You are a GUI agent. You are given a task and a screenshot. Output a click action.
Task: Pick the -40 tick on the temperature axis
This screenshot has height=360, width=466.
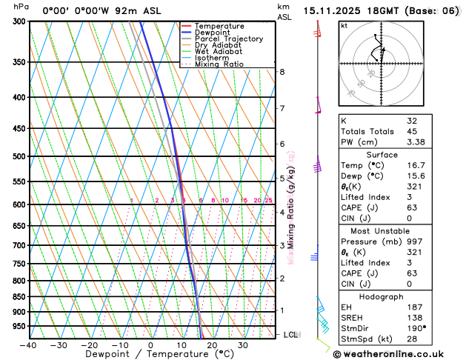pos(29,345)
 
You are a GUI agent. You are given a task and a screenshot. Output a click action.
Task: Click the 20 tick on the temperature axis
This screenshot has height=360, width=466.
pos(211,345)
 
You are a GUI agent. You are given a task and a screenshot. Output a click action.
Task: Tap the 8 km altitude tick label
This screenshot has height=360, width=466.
pos(282,72)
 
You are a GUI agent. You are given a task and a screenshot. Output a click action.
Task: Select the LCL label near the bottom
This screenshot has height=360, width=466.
pos(292,335)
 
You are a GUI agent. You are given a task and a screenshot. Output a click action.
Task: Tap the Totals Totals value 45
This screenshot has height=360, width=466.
pos(411,131)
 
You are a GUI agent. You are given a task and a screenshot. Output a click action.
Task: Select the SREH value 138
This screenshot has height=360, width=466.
pos(413,317)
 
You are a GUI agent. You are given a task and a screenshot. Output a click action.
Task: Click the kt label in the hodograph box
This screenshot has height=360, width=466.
pos(344,25)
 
